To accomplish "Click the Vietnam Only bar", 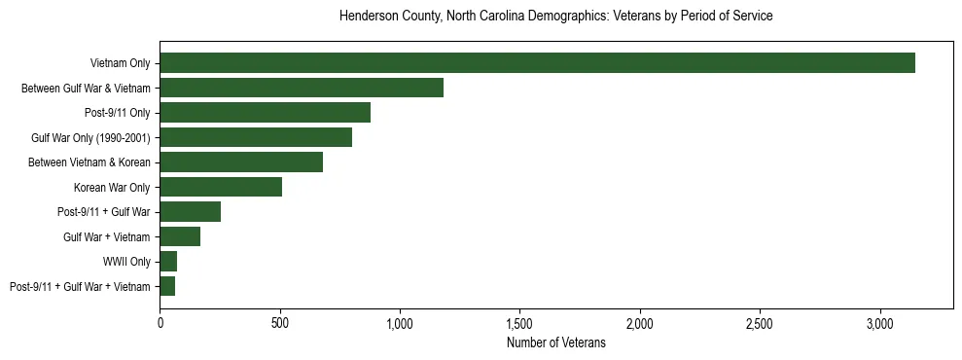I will pos(537,63).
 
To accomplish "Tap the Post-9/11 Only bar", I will pos(265,113).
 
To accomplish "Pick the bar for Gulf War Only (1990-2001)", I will pos(256,137).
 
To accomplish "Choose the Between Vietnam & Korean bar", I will pos(241,162).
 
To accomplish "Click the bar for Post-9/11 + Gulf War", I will pos(191,212).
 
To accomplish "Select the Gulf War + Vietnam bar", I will pos(180,236).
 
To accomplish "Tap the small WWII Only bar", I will pos(168,262).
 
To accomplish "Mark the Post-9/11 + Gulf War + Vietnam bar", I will pos(167,286).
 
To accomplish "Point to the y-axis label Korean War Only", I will pos(112,187).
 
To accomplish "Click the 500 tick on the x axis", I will pos(280,322).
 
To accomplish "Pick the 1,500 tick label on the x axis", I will pos(520,322).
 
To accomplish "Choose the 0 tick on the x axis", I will pos(160,322).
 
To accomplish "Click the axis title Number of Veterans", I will pos(556,342).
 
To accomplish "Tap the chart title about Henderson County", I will pos(556,17).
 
